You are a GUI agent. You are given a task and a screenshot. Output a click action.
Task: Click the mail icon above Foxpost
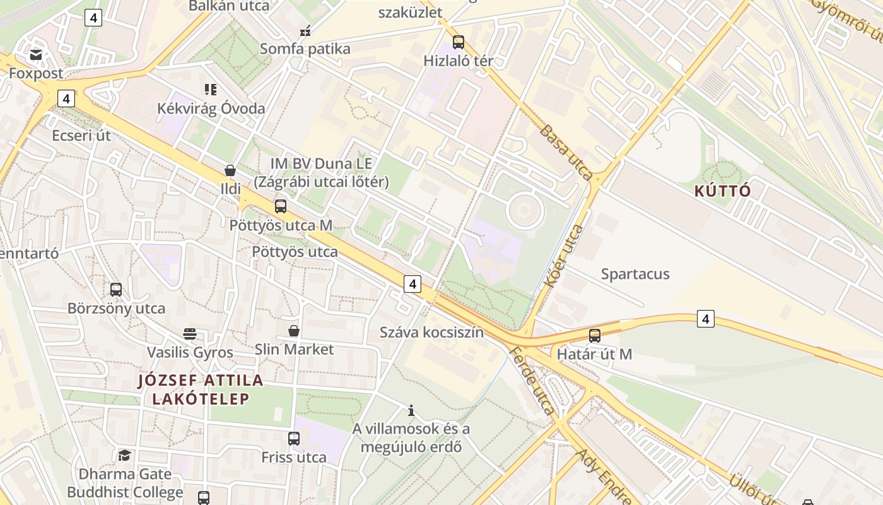click(x=36, y=55)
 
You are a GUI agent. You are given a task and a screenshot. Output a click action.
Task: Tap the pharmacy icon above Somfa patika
click(x=305, y=31)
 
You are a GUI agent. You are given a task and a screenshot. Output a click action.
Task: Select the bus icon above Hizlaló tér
click(x=459, y=42)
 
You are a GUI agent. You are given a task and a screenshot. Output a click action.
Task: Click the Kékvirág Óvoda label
click(x=211, y=108)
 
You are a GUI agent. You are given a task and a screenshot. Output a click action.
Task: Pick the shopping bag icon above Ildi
click(x=230, y=170)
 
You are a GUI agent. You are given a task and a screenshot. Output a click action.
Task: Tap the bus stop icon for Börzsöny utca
click(x=116, y=290)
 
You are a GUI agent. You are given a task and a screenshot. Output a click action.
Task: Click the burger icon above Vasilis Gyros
click(x=190, y=333)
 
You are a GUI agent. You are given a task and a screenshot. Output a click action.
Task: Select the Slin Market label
click(x=294, y=349)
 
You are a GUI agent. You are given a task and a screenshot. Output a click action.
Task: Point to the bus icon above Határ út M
click(x=594, y=336)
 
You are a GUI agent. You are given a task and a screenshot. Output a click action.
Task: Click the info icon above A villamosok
click(x=411, y=411)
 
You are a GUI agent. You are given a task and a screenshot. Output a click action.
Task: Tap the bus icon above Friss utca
click(x=294, y=438)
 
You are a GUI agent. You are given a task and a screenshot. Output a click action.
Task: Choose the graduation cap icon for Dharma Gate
click(x=124, y=455)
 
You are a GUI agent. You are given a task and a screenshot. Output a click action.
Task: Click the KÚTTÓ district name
click(x=723, y=191)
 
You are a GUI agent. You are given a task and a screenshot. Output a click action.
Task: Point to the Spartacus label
click(x=635, y=274)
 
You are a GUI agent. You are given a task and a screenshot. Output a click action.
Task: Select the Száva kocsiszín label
click(x=431, y=332)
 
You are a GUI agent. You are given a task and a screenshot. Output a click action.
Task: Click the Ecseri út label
click(x=81, y=136)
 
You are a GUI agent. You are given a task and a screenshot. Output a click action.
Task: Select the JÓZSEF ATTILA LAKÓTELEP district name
click(x=201, y=389)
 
